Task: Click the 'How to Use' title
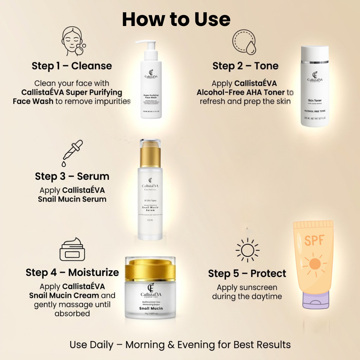[176, 19]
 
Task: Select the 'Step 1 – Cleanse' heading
[72, 66]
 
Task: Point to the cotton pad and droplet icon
[244, 42]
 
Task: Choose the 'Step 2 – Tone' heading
[245, 66]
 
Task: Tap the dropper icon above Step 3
[73, 153]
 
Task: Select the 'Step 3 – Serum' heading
[72, 176]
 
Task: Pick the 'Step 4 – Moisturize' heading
[72, 273]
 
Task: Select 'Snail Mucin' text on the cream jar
[151, 308]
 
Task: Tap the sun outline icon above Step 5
[247, 250]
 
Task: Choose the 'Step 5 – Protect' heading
[247, 274]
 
